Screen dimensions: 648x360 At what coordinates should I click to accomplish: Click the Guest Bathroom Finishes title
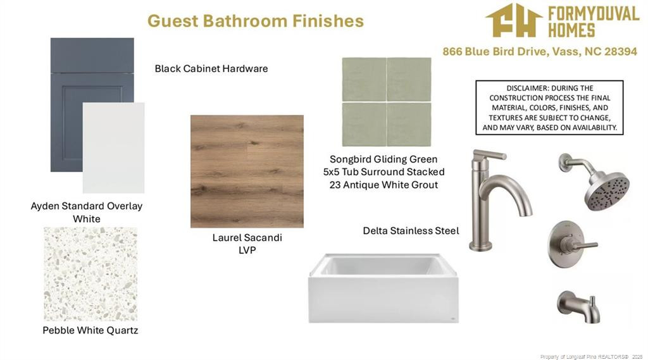coord(256,21)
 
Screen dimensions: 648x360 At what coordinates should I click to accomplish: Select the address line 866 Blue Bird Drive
coord(540,52)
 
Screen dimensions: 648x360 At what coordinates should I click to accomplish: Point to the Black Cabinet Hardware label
coord(211,68)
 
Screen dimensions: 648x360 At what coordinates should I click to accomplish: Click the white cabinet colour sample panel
coord(114,147)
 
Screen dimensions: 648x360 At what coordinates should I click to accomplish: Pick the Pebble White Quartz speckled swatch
coord(90,273)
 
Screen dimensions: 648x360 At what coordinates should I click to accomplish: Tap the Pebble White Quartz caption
coord(90,330)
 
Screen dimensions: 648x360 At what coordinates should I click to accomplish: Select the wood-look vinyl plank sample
coord(247,171)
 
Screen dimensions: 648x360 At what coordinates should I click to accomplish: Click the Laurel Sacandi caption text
coord(247,238)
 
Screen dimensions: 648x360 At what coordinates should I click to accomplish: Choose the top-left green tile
coord(364,79)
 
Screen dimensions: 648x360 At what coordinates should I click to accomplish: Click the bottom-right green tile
coord(409,124)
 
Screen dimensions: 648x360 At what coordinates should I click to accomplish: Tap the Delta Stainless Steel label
coord(411,231)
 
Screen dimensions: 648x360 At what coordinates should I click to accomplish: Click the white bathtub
coord(383,288)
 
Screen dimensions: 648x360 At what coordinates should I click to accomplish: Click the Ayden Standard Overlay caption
coord(86,206)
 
